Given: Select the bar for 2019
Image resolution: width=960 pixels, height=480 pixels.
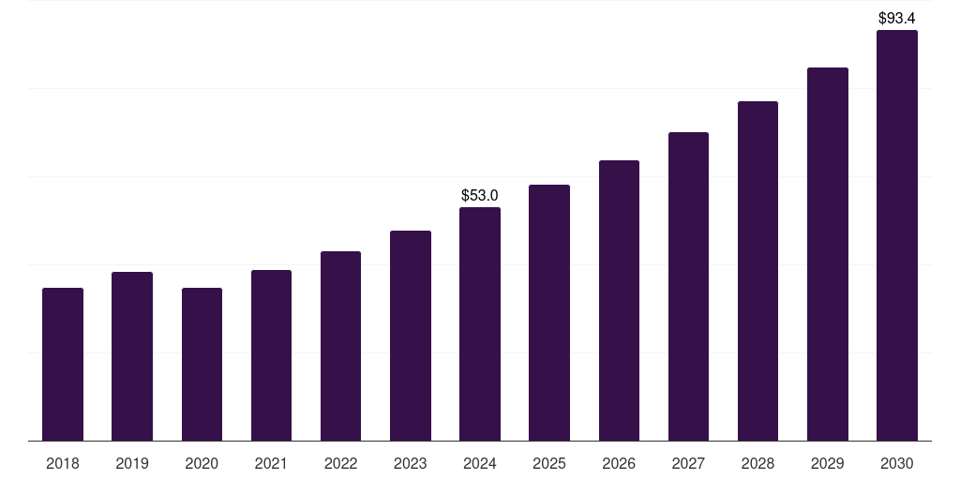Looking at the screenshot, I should pyautogui.click(x=132, y=356).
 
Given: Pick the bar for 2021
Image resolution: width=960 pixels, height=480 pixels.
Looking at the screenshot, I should pyautogui.click(x=271, y=355).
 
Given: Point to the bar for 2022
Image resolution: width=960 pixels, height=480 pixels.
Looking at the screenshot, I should pyautogui.click(x=340, y=346).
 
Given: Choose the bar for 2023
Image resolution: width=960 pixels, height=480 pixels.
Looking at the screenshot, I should pyautogui.click(x=411, y=336).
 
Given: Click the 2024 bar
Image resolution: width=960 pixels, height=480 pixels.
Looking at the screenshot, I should pyautogui.click(x=480, y=323).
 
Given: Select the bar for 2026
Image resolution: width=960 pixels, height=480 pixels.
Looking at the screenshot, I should pyautogui.click(x=619, y=300).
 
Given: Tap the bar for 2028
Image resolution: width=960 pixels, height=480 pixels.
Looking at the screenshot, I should pyautogui.click(x=757, y=271).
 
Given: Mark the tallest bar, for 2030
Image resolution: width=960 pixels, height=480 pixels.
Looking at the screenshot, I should pyautogui.click(x=897, y=235).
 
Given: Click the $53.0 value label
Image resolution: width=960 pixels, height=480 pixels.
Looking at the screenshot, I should pyautogui.click(x=480, y=195).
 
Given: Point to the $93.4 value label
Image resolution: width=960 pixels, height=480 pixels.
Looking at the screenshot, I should pyautogui.click(x=897, y=18).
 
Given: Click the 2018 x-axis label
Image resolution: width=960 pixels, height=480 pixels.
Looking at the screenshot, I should pyautogui.click(x=63, y=463).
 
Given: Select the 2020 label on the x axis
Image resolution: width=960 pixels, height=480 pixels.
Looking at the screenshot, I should pyautogui.click(x=202, y=463).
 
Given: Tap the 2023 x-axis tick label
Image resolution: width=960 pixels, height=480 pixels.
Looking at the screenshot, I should pyautogui.click(x=411, y=463).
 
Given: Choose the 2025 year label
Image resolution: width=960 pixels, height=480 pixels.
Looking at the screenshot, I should pyautogui.click(x=549, y=463).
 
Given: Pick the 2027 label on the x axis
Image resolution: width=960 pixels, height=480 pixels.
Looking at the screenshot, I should pyautogui.click(x=688, y=463).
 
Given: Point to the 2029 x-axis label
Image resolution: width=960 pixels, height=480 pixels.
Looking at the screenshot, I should pyautogui.click(x=828, y=463).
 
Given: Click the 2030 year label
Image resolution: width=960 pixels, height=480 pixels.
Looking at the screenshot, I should pyautogui.click(x=897, y=463).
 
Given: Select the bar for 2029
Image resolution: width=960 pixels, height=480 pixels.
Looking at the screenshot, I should pyautogui.click(x=828, y=254).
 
